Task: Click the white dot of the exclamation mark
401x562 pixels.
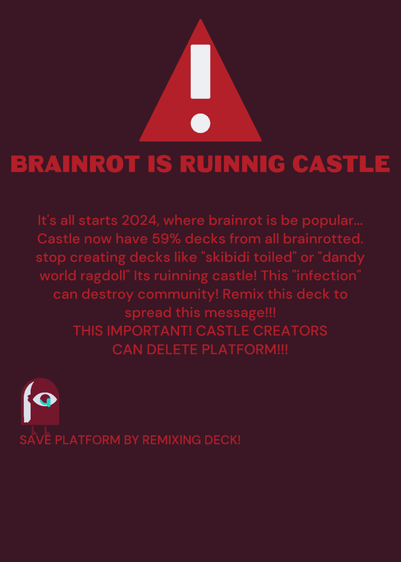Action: point(200,123)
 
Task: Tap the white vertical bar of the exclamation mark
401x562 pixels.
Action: point(200,72)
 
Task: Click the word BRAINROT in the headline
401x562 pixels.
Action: point(75,164)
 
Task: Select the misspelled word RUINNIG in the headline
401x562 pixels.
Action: point(232,164)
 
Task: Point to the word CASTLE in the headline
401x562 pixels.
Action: point(341,164)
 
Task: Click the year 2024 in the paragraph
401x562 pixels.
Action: point(140,221)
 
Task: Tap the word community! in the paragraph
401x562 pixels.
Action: point(178,294)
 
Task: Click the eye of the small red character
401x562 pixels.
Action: point(45,399)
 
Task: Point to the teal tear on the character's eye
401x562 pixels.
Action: point(46,402)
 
